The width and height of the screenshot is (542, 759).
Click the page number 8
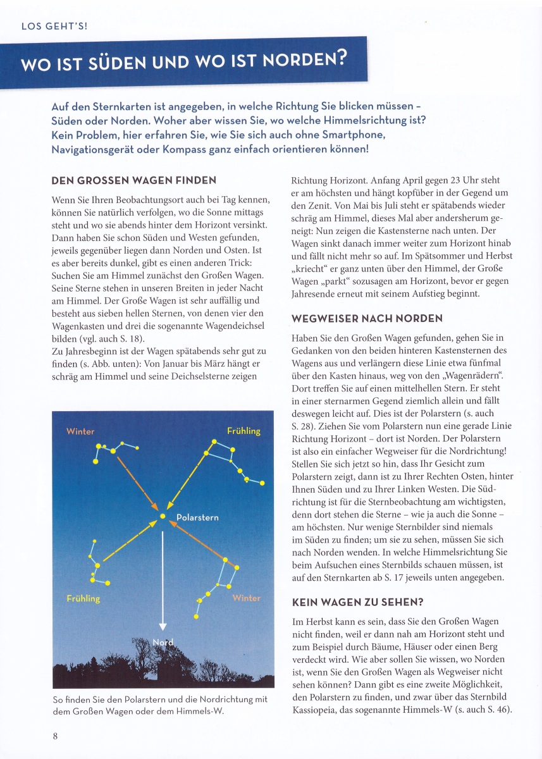pyautogui.click(x=56, y=736)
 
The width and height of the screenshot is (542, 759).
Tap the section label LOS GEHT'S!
pyautogui.click(x=54, y=26)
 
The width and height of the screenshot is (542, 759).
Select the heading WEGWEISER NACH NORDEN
pyautogui.click(x=367, y=318)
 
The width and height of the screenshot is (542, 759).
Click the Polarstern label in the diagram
pyautogui.click(x=197, y=517)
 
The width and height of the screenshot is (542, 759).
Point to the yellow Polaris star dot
pyautogui.click(x=163, y=516)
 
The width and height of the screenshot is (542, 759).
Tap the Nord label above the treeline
pyautogui.click(x=163, y=643)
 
